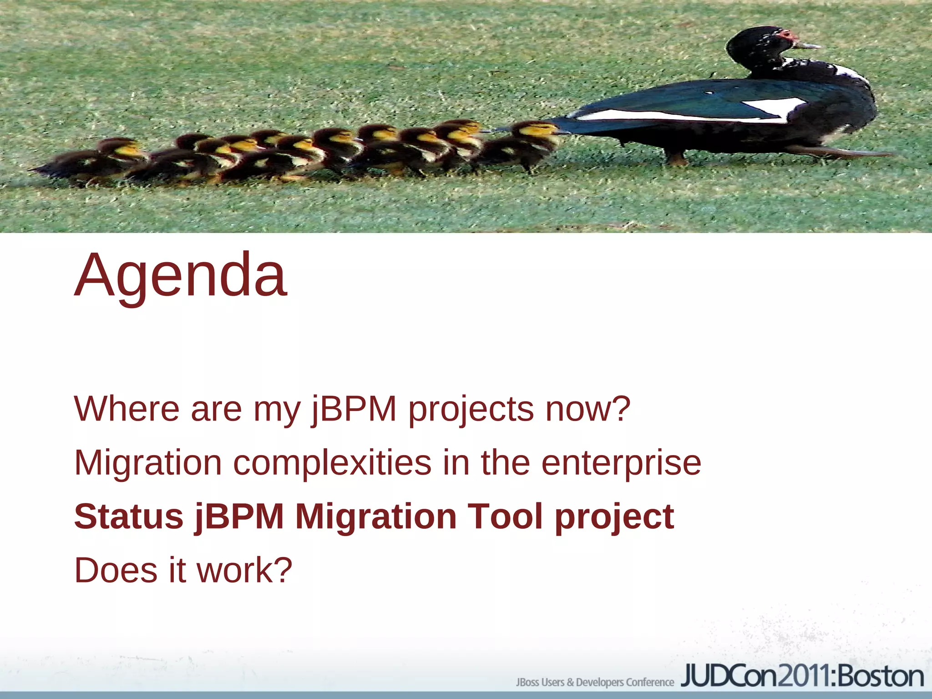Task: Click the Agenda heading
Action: pos(181,275)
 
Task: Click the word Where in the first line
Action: pos(126,409)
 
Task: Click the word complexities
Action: pos(332,463)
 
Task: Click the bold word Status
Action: pos(129,517)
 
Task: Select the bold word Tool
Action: pos(505,517)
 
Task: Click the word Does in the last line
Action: pos(116,570)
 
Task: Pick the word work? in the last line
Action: pos(244,570)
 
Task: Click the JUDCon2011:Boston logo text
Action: pos(802,677)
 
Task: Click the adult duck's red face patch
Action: pos(787,35)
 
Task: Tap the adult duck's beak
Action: pos(808,45)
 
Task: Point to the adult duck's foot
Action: pos(677,159)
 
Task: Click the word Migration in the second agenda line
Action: pos(148,463)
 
